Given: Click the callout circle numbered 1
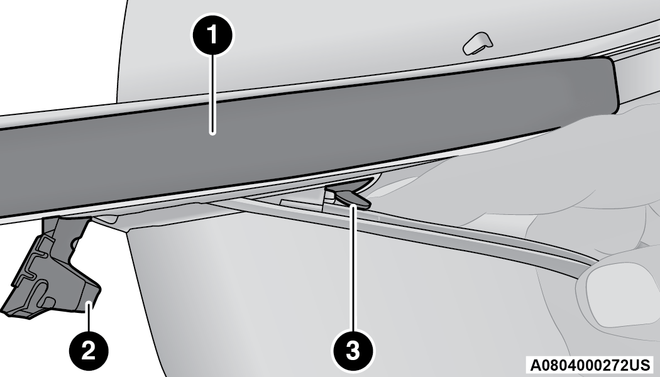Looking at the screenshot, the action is click(x=212, y=35).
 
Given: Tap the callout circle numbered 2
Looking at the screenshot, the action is click(x=89, y=350).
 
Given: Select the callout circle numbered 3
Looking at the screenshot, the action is click(x=353, y=350).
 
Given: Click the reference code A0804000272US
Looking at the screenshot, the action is click(x=590, y=364).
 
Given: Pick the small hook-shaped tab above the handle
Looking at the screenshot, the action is click(x=478, y=43).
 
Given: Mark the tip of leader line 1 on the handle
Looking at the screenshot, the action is click(x=213, y=133).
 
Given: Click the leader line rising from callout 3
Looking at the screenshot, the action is click(x=353, y=268).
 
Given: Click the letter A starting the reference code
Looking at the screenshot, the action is click(x=535, y=364).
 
